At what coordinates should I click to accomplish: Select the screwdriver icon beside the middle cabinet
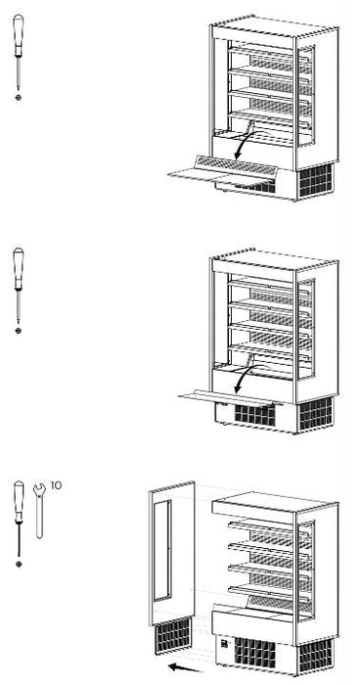coord(18,284)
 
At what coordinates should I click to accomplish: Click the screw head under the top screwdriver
coord(18,98)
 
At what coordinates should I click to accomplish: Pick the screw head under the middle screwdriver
coord(18,331)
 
